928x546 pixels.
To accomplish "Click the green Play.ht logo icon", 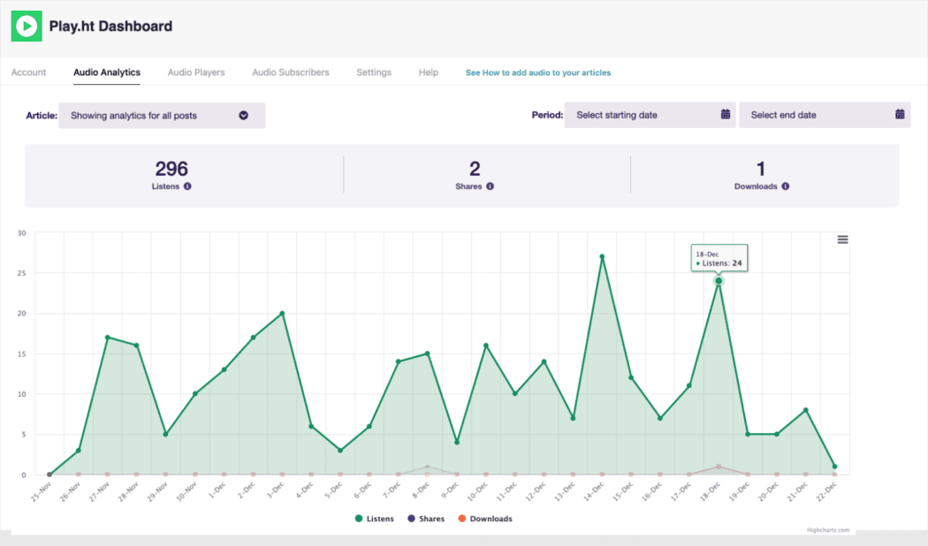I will [27, 27].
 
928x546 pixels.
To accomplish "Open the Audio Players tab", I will [196, 72].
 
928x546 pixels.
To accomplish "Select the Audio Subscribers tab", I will [291, 72].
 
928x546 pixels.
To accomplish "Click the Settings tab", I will [374, 72].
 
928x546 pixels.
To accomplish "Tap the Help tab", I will [429, 72].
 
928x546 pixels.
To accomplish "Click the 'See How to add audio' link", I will [537, 72].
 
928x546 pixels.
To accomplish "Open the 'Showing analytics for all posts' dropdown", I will [162, 116].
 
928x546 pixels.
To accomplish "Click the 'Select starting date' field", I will [650, 115].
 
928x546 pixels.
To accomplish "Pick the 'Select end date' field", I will [824, 115].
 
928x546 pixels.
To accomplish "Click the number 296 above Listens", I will [171, 169].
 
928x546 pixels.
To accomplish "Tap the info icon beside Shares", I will [490, 186].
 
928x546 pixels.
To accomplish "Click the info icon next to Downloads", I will [785, 186].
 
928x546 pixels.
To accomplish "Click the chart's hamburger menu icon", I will [842, 239].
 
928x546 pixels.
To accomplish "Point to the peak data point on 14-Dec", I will [602, 257].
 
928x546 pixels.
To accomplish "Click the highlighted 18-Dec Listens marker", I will [719, 281].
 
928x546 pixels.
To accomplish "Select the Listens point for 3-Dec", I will [282, 313].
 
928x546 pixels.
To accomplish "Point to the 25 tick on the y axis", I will [21, 273].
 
